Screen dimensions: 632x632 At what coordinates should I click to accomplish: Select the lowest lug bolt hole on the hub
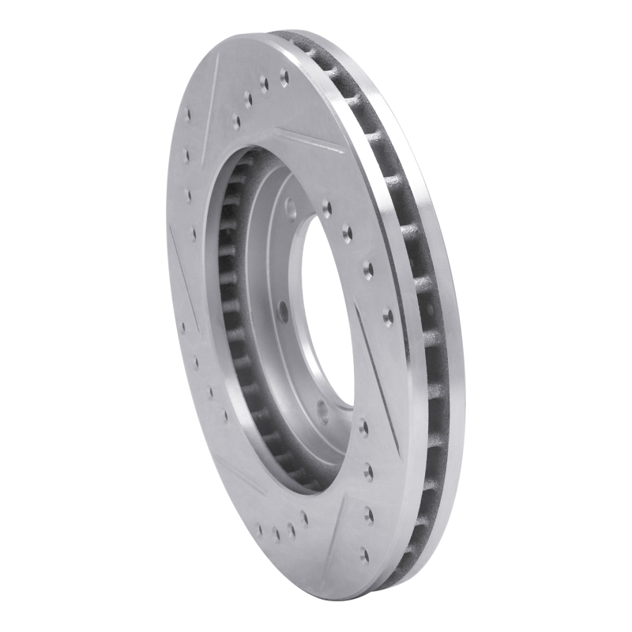click(322, 410)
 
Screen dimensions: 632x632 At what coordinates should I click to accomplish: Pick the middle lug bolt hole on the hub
click(283, 310)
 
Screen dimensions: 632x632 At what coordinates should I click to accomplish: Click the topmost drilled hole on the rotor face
click(284, 77)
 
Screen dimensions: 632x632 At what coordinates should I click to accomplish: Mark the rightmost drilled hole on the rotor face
click(388, 317)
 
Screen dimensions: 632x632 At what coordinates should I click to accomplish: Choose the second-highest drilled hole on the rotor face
click(264, 84)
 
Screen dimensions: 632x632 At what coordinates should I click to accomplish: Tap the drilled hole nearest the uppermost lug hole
click(326, 208)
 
